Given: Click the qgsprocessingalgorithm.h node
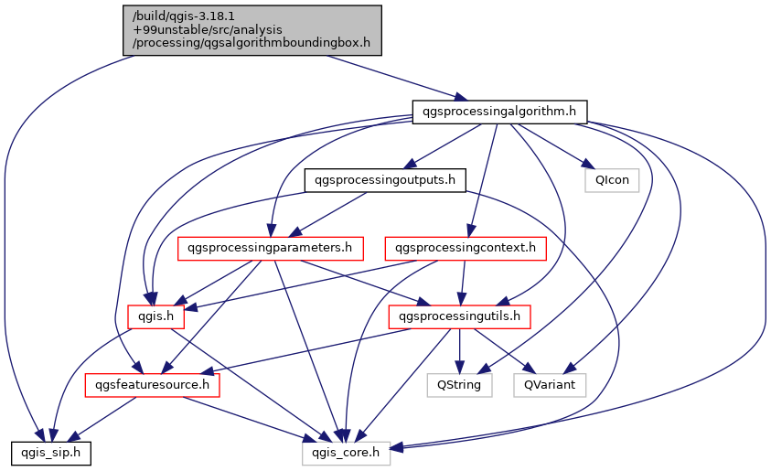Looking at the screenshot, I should [x=498, y=112].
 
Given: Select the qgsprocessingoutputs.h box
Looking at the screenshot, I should [x=384, y=180].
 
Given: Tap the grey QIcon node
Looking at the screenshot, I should [x=612, y=180].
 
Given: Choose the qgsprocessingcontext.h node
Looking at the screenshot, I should [x=466, y=248].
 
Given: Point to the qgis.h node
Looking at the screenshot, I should [x=156, y=316].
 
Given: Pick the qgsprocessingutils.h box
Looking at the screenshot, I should [x=460, y=316].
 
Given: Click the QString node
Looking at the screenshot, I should [x=460, y=385].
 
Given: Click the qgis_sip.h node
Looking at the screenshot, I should [x=50, y=453].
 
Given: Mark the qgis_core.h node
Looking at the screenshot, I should [x=347, y=453].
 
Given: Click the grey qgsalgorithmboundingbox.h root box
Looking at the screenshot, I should [x=252, y=29].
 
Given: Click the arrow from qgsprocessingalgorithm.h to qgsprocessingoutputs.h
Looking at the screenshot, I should [x=444, y=145].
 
